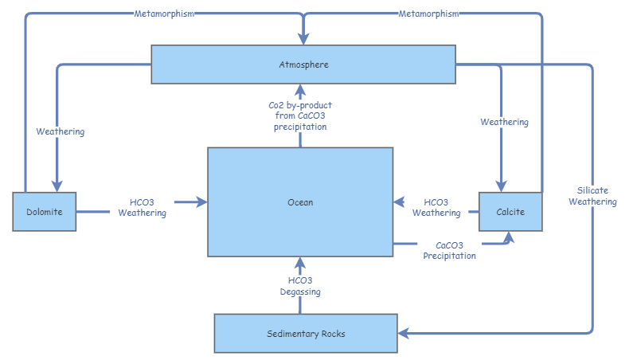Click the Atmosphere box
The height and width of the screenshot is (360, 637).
point(303,64)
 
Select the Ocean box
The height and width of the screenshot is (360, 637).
point(300,202)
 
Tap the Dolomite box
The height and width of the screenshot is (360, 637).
point(45,212)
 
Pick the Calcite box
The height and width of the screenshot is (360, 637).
point(510,212)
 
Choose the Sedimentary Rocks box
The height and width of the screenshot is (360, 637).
point(306,333)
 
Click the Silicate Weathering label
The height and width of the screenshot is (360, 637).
point(597,196)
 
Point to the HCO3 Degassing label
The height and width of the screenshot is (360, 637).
point(300,286)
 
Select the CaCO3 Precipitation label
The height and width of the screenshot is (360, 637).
point(450,250)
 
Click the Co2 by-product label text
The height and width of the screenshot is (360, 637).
point(300,115)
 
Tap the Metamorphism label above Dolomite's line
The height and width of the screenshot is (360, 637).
point(165,14)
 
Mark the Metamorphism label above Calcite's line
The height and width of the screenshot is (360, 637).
point(429,14)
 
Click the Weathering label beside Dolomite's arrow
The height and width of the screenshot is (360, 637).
point(61,131)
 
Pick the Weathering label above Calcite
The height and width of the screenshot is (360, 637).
point(504,122)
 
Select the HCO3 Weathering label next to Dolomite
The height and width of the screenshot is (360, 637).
point(142,207)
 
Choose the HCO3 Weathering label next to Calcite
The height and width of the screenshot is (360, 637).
point(436,207)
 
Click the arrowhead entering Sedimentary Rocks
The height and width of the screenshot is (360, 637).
point(403,332)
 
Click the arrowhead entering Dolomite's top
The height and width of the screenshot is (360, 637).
point(57,186)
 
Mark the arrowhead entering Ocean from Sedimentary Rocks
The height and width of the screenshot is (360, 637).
point(300,263)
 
